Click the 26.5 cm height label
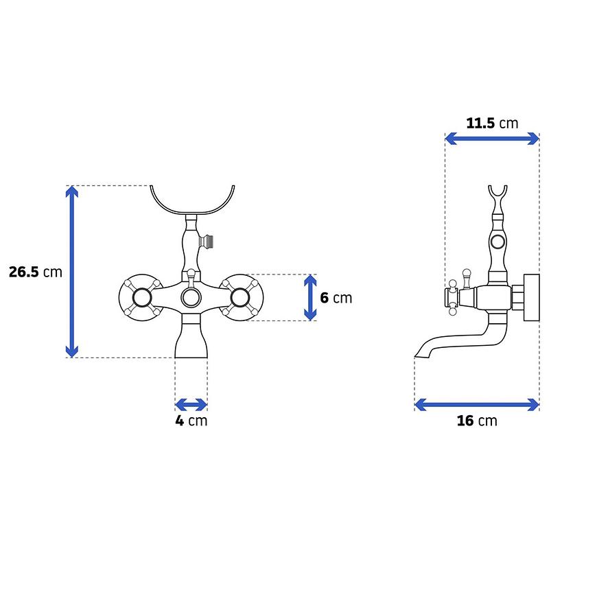[x=36, y=272]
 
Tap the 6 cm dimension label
[x=336, y=298]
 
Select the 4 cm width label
[x=191, y=421]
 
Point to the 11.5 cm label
[x=492, y=124]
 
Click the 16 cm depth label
[x=477, y=421]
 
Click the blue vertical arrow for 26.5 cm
[x=72, y=272]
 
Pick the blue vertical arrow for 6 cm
[x=310, y=297]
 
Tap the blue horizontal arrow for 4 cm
[x=191, y=405]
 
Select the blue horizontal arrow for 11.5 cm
[x=492, y=139]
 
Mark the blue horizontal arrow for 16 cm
[x=477, y=405]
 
